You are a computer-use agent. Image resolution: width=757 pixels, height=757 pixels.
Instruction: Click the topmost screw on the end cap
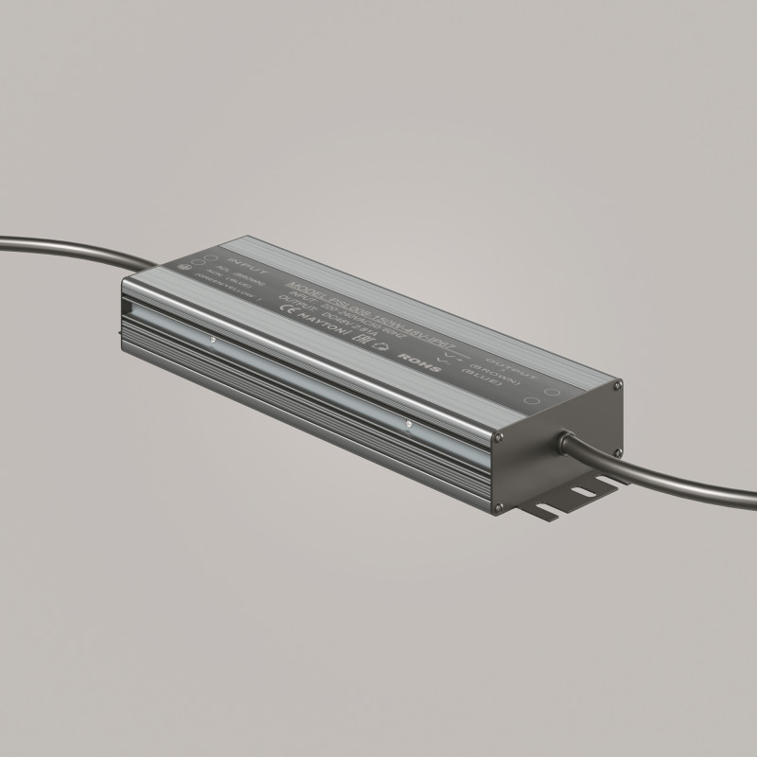coord(618,386)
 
